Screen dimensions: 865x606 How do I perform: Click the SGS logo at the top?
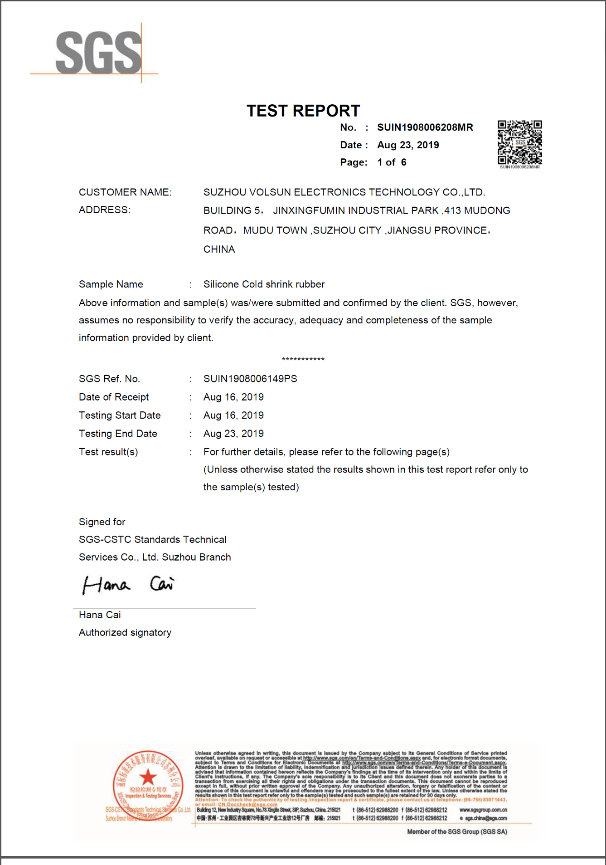point(98,53)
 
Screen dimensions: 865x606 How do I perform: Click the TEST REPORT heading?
point(303,111)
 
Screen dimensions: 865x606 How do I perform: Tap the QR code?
point(519,142)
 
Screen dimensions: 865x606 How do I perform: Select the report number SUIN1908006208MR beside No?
point(425,127)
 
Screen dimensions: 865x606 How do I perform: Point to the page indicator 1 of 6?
point(392,162)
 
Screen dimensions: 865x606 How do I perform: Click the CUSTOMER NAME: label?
point(125,192)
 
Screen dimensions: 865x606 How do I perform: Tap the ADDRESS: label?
point(105,210)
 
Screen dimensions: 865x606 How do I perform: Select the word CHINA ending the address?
point(219,249)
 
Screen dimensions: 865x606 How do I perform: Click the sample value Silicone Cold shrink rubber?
point(264,284)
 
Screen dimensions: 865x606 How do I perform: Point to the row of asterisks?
point(303,360)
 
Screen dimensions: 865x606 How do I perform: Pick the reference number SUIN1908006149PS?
point(250,379)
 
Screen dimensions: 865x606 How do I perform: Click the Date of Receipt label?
point(114,397)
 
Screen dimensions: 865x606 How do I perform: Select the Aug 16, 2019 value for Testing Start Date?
point(233,415)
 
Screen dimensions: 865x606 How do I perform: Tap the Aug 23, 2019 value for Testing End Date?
point(233,434)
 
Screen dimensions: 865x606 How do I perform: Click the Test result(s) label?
point(108,452)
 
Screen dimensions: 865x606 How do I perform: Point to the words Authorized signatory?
point(125,633)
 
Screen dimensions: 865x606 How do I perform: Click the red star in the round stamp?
point(148,777)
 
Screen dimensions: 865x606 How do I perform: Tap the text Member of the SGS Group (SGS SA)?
point(457,831)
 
